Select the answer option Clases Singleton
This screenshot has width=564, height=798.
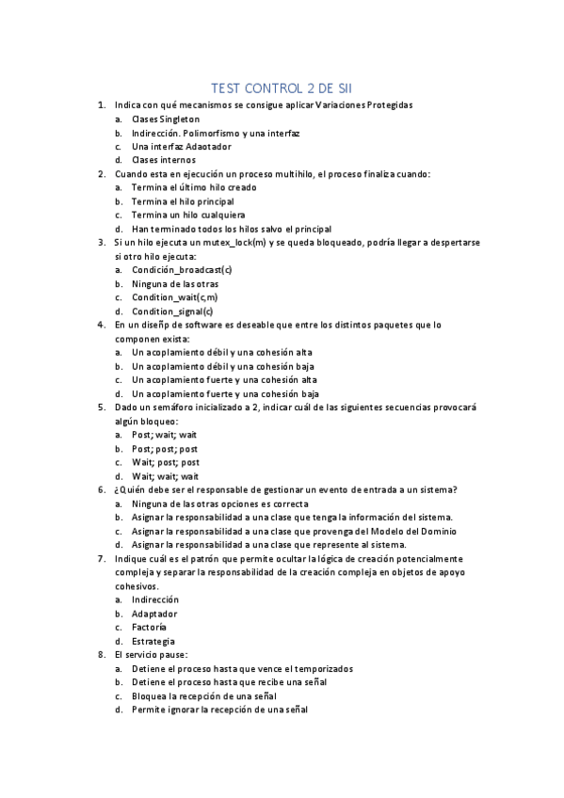pos(166,120)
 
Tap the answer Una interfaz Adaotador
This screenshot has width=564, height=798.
pos(182,147)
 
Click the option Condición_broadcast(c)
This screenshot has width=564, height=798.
pos(182,269)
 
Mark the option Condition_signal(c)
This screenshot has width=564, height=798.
pos(173,311)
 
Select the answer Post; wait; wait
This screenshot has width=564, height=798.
pos(165,435)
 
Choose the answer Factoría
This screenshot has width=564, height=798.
pos(150,626)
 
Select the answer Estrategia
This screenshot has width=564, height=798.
pos(153,640)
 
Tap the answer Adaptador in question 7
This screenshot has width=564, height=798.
pos(154,613)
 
